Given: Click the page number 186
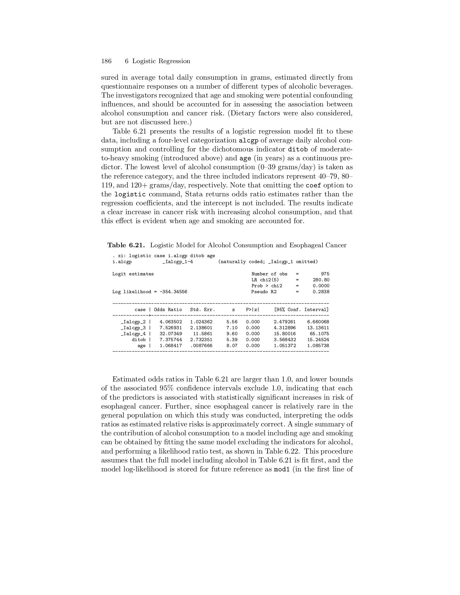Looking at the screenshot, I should (106, 61).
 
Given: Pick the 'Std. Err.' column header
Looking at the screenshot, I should (202, 310).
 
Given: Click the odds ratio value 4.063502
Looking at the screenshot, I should (171, 322).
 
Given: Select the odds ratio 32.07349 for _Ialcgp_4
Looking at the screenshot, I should (171, 334).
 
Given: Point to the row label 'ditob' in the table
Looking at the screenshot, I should (139, 339).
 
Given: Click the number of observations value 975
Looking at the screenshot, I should (325, 274).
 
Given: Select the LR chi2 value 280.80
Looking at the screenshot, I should (321, 280).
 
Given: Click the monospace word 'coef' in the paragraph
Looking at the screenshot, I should (313, 185).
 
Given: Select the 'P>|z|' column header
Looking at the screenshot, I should (253, 310).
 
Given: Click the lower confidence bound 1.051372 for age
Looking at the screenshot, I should (285, 345).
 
